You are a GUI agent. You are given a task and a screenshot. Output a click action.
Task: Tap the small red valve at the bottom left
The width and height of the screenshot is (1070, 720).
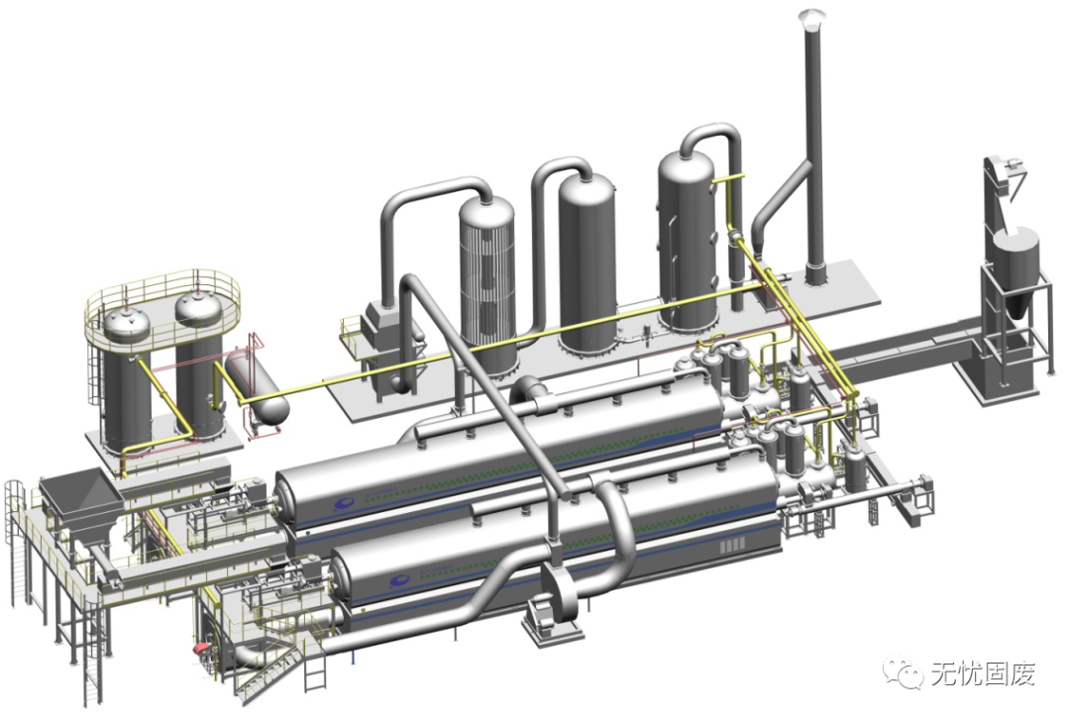pyautogui.click(x=201, y=647)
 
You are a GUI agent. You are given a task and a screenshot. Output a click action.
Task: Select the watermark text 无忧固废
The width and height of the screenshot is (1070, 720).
pyautogui.click(x=983, y=673)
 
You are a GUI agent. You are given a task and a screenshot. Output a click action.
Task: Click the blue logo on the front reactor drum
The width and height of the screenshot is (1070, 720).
pyautogui.click(x=398, y=580)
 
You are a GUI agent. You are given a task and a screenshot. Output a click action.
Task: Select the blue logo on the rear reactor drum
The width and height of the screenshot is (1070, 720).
pyautogui.click(x=344, y=504)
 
